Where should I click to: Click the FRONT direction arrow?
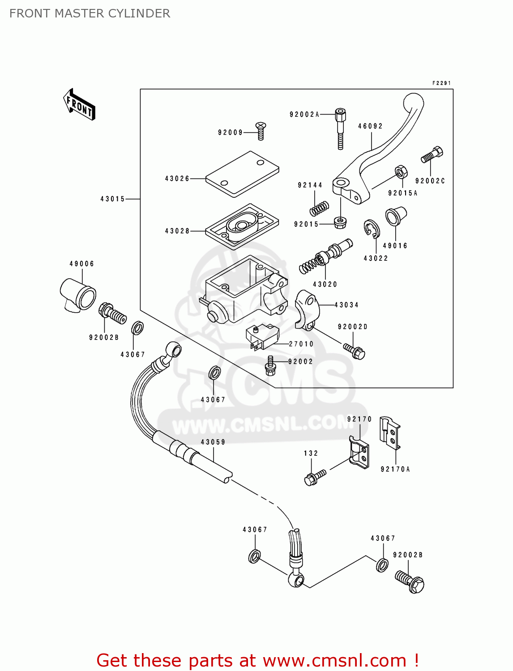point(79,105)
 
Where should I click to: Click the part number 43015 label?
point(112,199)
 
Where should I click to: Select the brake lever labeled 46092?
point(380,148)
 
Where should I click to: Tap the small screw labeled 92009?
point(261,130)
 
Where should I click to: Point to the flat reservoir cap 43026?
point(242,174)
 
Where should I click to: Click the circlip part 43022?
point(372,229)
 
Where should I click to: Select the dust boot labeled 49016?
point(396,216)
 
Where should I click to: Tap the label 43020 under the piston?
point(325,284)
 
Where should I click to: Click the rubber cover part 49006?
point(78,294)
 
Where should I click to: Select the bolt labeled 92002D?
point(354,351)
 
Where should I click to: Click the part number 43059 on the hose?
point(213,442)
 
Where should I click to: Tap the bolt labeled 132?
point(315,477)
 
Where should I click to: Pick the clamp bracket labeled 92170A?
point(390,432)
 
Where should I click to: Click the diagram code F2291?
point(441,83)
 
